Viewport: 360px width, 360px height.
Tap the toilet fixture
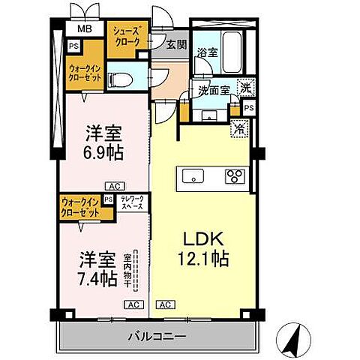click(x=123, y=77)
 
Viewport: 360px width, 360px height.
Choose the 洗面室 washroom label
click(x=213, y=90)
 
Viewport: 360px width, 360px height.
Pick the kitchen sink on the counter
click(x=192, y=177)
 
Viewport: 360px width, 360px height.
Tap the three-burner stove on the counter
click(x=234, y=177)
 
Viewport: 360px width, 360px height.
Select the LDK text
click(x=202, y=241)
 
